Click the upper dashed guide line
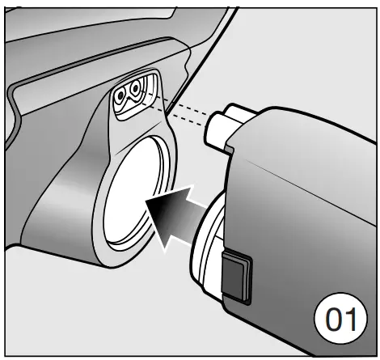coord(182,104)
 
